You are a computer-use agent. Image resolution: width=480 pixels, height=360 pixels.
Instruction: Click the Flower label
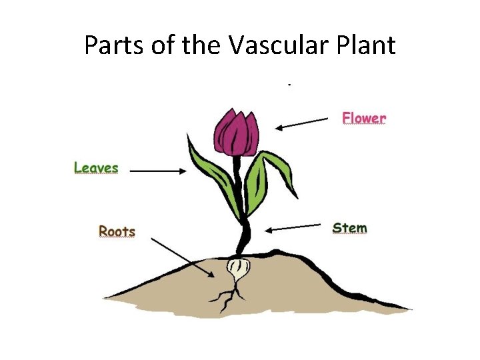364,118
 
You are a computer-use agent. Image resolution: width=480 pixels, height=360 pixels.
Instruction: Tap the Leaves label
96,168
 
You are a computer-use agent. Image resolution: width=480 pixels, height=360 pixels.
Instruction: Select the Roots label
117,231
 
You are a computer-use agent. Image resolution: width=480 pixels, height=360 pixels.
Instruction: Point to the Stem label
349,228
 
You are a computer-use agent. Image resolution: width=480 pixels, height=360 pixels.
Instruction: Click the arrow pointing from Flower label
303,123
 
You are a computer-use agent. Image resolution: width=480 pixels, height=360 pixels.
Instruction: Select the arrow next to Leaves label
159,171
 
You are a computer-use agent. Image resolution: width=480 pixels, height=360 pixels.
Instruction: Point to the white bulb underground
238,270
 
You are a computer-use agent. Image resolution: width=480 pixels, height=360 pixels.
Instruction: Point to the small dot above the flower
289,85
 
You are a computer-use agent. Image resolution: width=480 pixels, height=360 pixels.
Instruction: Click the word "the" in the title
198,45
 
